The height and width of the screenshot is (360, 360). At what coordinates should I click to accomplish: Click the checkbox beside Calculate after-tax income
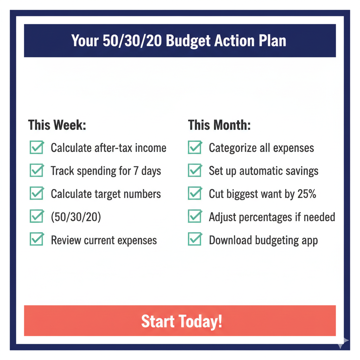(37, 148)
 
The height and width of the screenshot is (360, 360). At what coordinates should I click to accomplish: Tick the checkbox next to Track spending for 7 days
(37, 171)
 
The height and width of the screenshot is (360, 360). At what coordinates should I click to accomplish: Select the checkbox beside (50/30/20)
(37, 217)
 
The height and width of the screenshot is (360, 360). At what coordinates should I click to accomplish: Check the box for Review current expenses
(37, 240)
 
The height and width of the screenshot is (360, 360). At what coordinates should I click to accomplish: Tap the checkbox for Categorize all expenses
(194, 148)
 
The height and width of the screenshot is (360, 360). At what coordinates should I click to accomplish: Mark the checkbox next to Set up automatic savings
(194, 171)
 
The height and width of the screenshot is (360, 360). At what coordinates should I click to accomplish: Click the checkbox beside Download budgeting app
(194, 240)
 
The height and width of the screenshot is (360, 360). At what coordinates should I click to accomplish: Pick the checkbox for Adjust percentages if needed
(194, 217)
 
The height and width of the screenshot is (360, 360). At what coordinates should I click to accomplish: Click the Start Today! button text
(181, 321)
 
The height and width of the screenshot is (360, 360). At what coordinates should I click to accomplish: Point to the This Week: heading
(57, 125)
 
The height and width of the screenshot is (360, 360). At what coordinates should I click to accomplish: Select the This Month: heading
(219, 125)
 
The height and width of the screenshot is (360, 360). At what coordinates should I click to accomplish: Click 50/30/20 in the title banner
(133, 41)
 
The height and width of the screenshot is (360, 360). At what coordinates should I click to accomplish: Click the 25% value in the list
(307, 194)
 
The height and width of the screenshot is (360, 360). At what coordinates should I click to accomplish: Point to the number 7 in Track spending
(136, 171)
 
